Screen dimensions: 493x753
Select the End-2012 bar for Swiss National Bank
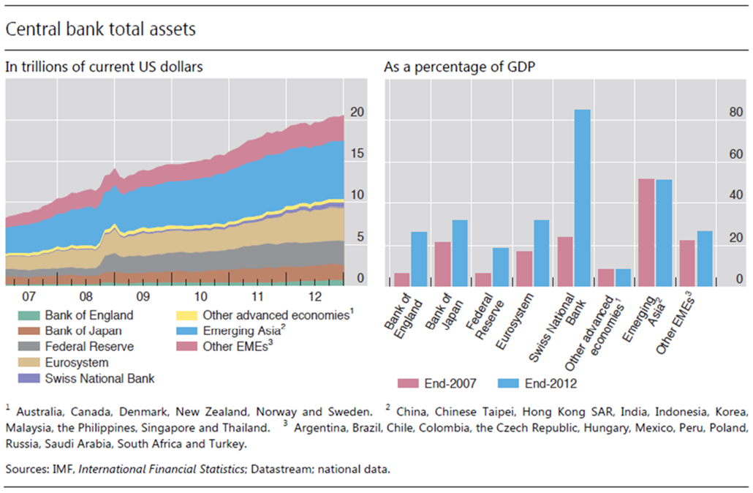click(x=582, y=197)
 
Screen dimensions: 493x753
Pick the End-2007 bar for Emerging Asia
click(x=646, y=232)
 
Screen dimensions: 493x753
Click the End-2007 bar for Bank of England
click(x=402, y=279)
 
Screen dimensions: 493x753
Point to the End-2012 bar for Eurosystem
click(x=541, y=252)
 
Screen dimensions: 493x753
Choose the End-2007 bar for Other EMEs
click(x=687, y=263)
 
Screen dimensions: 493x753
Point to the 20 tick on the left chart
click(x=357, y=113)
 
